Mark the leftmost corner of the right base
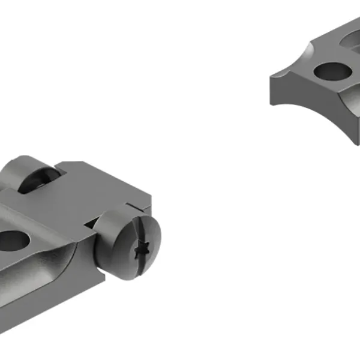(271, 77)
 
